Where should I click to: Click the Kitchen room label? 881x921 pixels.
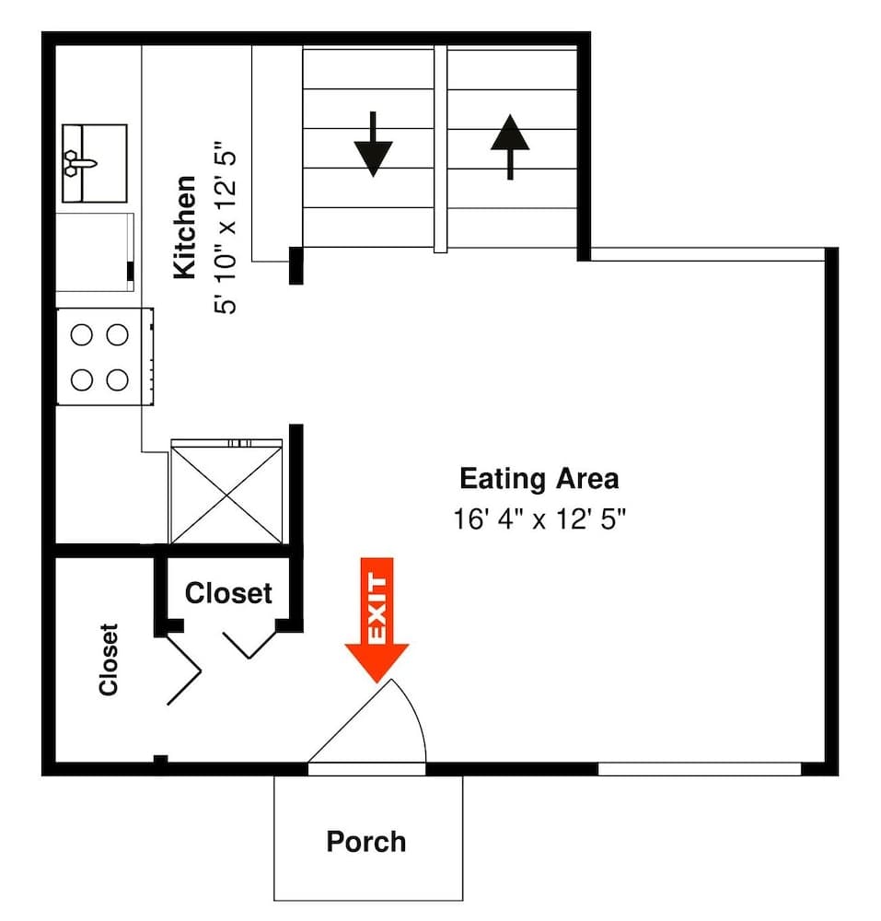click(x=185, y=227)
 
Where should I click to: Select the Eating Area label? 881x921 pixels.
click(x=539, y=479)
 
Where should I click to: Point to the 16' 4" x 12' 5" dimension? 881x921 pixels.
click(x=539, y=519)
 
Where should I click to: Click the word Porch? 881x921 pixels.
click(x=365, y=841)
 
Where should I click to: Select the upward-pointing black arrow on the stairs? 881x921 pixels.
click(x=509, y=146)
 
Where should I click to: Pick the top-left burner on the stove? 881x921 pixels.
click(x=81, y=336)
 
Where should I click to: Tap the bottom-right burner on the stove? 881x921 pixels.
click(x=117, y=379)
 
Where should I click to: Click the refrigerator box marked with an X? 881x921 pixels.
click(x=226, y=493)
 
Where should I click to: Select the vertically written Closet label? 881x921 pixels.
click(x=109, y=659)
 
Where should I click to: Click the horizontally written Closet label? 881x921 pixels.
click(x=228, y=593)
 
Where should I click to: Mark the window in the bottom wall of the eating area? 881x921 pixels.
click(x=699, y=769)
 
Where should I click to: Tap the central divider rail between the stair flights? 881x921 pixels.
click(x=440, y=147)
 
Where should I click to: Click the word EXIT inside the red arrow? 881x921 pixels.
click(x=377, y=608)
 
